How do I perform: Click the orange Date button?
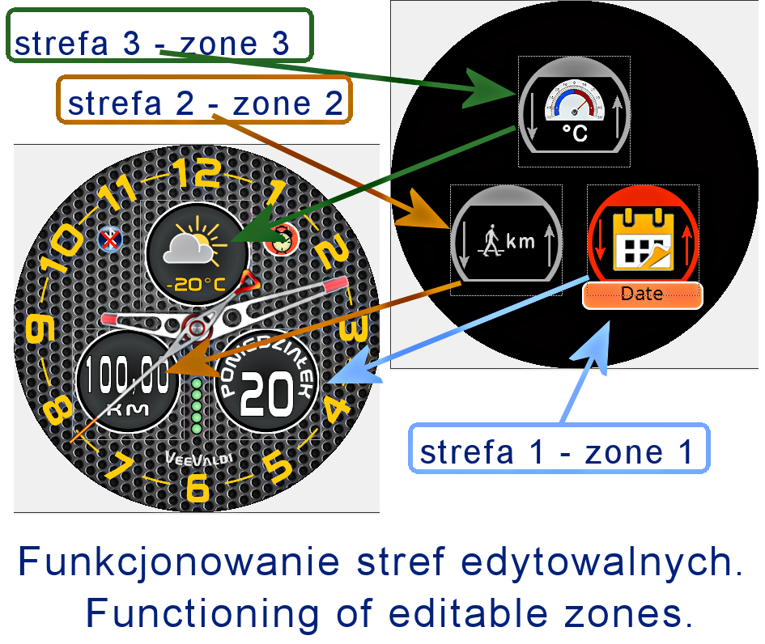(642, 294)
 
